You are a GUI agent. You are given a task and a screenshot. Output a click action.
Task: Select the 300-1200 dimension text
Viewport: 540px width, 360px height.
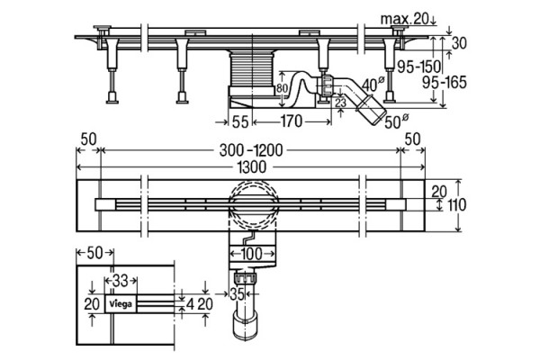(251, 150)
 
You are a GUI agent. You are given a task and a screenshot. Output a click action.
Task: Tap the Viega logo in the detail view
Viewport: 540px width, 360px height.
(121, 304)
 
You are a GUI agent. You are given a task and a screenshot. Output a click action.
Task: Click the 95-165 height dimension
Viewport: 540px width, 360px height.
(445, 83)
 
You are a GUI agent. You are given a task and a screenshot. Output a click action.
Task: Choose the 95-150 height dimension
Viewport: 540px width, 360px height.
(419, 67)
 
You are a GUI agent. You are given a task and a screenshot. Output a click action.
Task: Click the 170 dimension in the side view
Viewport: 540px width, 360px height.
(291, 121)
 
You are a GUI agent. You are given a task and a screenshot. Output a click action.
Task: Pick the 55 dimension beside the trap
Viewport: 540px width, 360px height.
(240, 122)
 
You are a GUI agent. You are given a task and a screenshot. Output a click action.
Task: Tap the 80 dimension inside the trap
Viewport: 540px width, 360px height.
(282, 88)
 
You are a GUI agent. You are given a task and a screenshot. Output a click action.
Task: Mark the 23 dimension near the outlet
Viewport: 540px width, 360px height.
(340, 103)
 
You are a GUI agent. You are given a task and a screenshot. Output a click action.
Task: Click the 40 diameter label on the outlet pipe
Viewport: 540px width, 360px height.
(373, 84)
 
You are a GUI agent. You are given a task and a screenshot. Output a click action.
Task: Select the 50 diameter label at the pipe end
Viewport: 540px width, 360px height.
(396, 122)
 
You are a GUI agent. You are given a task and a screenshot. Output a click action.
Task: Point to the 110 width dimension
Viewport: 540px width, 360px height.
(456, 204)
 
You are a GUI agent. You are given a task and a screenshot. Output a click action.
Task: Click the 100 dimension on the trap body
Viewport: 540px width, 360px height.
(252, 254)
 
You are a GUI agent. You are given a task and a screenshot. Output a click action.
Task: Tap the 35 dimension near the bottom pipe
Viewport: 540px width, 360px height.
(237, 294)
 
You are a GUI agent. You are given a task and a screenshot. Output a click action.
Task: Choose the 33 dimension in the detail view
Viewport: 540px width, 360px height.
(121, 281)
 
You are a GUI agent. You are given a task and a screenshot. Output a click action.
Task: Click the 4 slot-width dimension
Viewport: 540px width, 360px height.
(190, 304)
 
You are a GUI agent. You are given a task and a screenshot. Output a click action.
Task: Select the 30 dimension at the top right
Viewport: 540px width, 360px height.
(459, 43)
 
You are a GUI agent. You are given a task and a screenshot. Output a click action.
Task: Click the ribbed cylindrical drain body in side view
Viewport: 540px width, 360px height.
(252, 69)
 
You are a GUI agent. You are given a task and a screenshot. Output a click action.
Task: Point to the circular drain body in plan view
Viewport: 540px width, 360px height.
(252, 203)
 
